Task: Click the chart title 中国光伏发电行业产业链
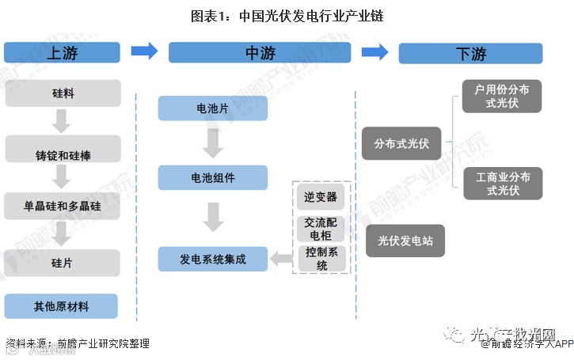[x=287, y=15]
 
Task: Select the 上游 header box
[x=62, y=53]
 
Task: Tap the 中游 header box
[x=260, y=53]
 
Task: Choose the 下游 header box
[x=470, y=54]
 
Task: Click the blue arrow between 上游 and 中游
[x=144, y=51]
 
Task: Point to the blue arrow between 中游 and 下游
[x=374, y=51]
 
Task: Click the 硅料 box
[x=63, y=93]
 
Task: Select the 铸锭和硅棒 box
[x=63, y=149]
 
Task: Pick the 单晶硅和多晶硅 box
[x=63, y=206]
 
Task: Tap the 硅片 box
[x=63, y=263]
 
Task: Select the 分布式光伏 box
[x=401, y=143]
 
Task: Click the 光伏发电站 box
[x=405, y=240]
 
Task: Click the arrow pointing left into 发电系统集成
[x=279, y=259]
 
